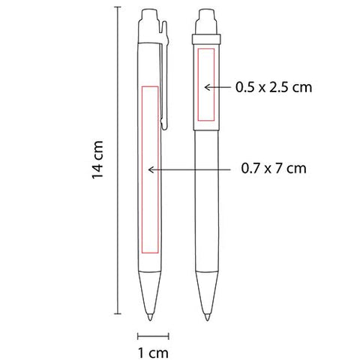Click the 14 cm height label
tap(97, 160)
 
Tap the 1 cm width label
tap(153, 352)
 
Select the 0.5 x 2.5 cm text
tap(274, 87)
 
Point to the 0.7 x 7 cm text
tap(274, 168)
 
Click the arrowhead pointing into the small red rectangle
tap(207, 87)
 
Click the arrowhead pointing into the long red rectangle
tap(151, 169)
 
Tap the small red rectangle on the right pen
tap(206, 85)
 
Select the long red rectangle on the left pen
tap(150, 169)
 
